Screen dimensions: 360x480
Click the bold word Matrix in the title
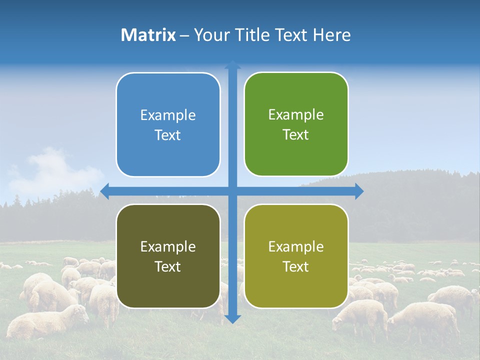click(148, 35)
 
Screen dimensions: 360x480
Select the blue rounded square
click(168, 124)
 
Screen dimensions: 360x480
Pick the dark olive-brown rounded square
click(168, 256)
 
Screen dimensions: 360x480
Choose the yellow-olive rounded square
click(296, 256)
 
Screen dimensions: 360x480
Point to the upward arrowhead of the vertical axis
click(232, 64)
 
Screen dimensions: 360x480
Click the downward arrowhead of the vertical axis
click(232, 319)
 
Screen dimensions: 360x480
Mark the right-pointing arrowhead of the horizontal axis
click(359, 191)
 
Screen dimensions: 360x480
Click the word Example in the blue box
click(168, 115)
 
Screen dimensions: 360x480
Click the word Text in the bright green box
click(296, 134)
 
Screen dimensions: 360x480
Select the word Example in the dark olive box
click(168, 246)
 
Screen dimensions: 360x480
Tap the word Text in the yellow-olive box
click(296, 266)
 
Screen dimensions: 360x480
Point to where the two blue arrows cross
click(232, 191)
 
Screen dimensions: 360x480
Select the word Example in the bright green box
click(296, 114)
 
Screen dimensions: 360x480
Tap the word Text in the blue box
click(168, 135)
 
